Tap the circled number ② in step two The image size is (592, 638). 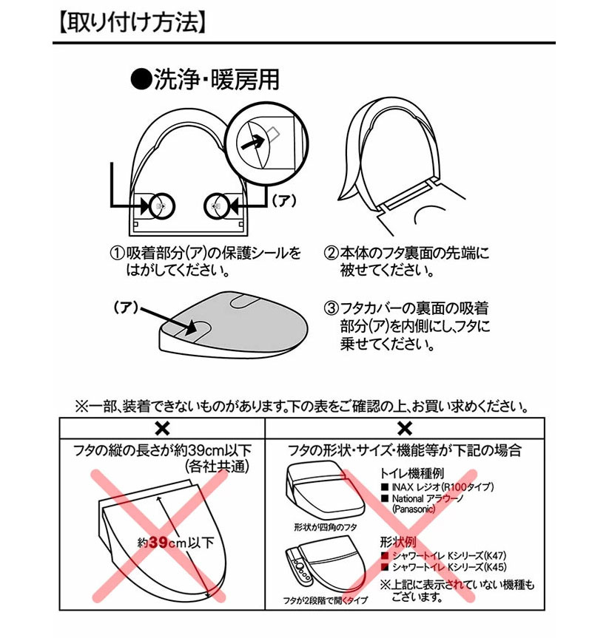click(x=332, y=254)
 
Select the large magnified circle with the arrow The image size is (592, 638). click(x=263, y=143)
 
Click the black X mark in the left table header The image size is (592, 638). click(x=162, y=428)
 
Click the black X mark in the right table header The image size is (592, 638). click(x=404, y=428)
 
